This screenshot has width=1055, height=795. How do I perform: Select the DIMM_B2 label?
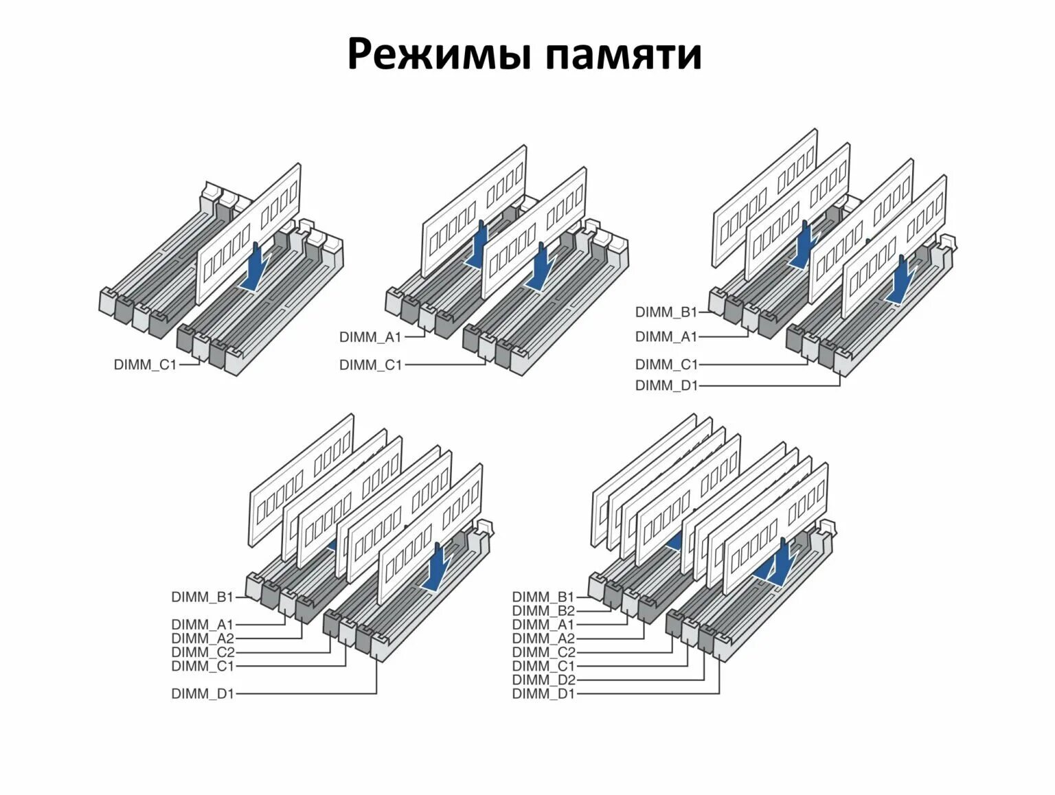tap(543, 611)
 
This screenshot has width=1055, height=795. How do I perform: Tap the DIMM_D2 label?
tap(543, 680)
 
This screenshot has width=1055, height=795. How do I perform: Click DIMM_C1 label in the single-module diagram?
tap(145, 365)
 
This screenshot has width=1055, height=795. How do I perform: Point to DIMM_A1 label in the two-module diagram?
tap(370, 337)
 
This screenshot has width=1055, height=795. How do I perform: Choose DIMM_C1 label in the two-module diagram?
tap(370, 365)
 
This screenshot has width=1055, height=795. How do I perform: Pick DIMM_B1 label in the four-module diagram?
tap(666, 312)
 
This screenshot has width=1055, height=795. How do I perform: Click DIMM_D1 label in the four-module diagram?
tap(666, 385)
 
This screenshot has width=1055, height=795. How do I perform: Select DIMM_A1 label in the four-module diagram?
tap(666, 336)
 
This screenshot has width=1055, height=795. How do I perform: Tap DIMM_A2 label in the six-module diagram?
tap(203, 638)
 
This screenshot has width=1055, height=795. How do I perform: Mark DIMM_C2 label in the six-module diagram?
tap(203, 652)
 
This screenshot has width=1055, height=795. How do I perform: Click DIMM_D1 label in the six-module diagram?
tap(203, 693)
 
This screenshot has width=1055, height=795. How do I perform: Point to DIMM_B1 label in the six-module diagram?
tap(203, 597)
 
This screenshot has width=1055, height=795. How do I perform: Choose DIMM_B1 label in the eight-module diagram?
tap(543, 597)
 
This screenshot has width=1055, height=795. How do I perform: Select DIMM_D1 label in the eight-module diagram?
tap(543, 693)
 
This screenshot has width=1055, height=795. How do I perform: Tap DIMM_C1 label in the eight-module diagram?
tap(543, 666)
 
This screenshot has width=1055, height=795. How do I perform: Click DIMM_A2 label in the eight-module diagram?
tap(543, 638)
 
